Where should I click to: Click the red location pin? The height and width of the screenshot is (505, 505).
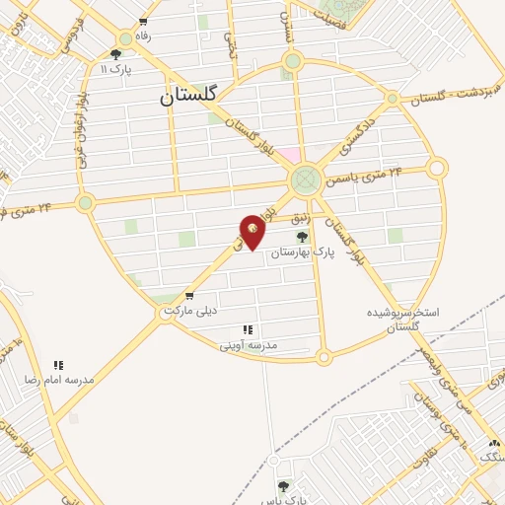pos(252,231)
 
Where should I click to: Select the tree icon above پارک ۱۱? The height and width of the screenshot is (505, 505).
pos(116,54)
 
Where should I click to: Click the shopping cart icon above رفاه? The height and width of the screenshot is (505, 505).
pos(144,22)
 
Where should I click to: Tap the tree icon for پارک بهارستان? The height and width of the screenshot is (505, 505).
pos(302,237)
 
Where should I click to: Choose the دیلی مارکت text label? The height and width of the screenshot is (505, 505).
pos(189,311)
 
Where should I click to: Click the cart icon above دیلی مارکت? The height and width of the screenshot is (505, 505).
pos(188,296)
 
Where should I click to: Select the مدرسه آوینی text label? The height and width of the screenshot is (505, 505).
pos(248,345)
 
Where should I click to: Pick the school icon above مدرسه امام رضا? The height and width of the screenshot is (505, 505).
pos(58,365)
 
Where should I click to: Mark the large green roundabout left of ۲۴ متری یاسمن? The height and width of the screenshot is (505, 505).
pos(305,180)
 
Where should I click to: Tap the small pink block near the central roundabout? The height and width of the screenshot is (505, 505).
pos(289,155)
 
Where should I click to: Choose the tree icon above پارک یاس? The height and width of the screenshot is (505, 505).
pos(284,485)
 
